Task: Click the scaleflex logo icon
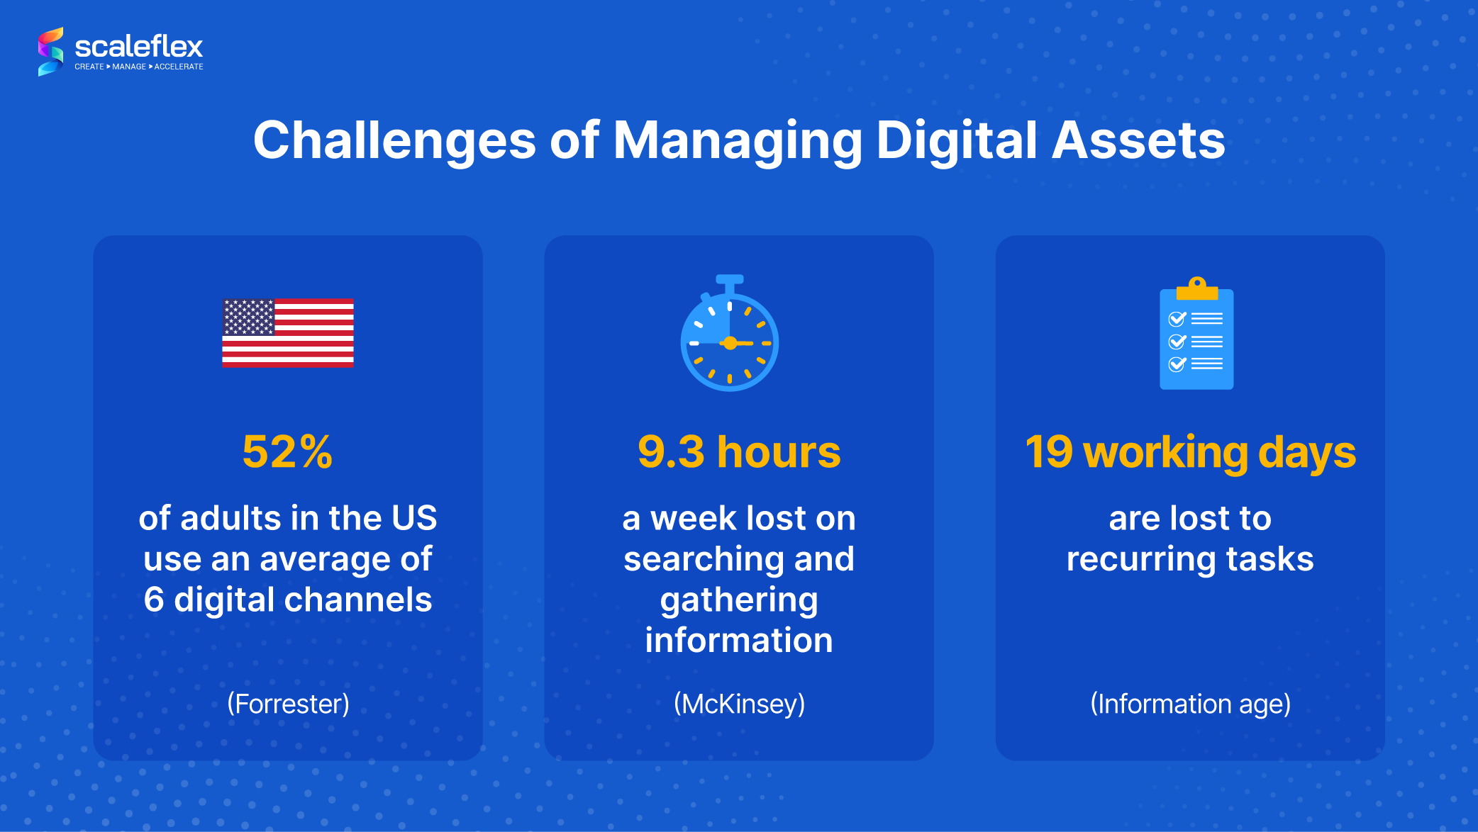coord(50,52)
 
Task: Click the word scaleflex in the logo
coord(138,47)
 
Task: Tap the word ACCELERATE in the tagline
coord(179,67)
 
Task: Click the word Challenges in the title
coord(394,140)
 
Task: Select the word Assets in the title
coord(1138,140)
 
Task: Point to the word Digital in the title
coord(957,140)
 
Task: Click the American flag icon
coord(288,333)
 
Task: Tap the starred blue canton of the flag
coord(248,317)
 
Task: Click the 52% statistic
coord(287,451)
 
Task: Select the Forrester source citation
coord(288,704)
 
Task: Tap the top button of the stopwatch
coord(730,280)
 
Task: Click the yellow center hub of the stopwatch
coord(730,344)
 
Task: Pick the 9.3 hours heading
coord(738,451)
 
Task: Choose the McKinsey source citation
coord(739,704)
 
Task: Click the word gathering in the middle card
coord(739,601)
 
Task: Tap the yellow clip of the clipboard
coord(1197,289)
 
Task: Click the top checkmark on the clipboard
coord(1177,319)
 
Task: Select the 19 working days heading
coord(1190,451)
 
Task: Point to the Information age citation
coord(1190,704)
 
